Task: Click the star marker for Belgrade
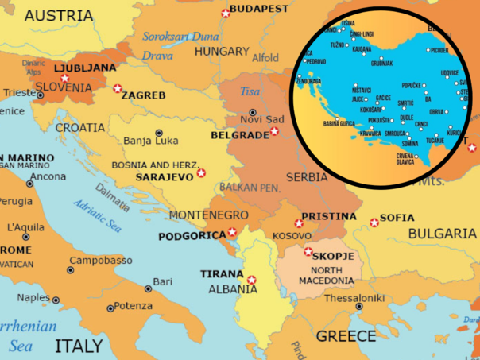[274, 131]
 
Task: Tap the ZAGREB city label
[143, 95]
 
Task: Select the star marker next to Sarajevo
[201, 172]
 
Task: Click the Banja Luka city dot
[159, 133]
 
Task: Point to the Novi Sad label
[262, 119]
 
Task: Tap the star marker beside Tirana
[252, 279]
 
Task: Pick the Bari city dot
[147, 288]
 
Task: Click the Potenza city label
[133, 306]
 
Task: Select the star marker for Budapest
[226, 13]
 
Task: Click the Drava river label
[157, 56]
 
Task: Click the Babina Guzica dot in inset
[338, 123]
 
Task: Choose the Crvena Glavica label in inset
[405, 159]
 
